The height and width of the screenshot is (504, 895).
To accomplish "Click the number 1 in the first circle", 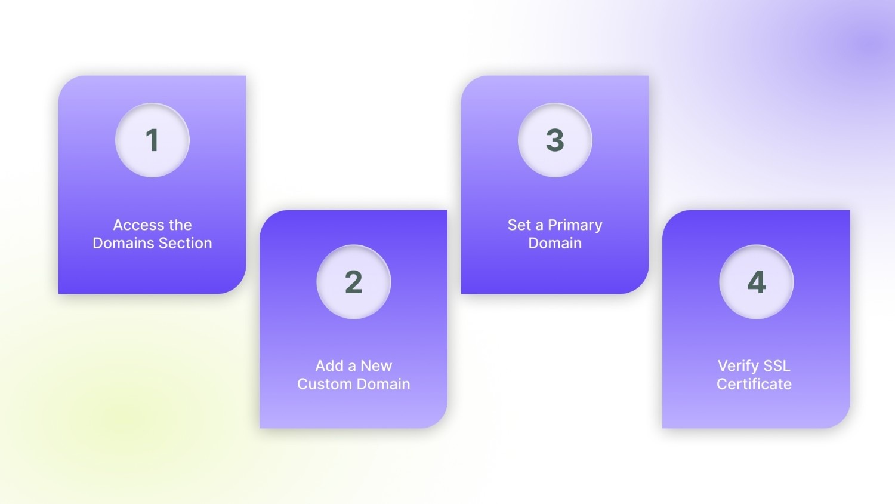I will (152, 140).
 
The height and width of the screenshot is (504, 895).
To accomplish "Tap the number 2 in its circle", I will (353, 282).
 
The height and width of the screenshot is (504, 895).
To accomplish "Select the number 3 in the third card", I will (555, 140).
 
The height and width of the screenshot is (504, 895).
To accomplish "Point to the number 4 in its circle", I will (756, 282).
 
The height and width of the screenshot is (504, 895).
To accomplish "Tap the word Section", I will (185, 243).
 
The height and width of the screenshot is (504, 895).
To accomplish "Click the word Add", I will (329, 365).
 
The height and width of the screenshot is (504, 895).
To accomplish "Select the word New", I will (376, 365).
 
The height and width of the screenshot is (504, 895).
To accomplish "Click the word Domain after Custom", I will (382, 384).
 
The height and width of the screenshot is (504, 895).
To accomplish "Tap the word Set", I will (519, 225).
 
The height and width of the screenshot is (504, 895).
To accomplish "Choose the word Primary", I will (575, 225).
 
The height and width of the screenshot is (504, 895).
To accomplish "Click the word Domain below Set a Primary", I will (555, 243).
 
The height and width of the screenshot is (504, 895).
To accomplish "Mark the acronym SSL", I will (776, 365).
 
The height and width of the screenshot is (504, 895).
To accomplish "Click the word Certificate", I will (754, 384).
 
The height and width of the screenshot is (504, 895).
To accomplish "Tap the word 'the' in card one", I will (180, 225).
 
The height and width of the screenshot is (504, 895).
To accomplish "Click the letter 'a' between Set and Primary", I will (539, 226).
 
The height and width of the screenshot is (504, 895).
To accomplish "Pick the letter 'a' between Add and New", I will (352, 366).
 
